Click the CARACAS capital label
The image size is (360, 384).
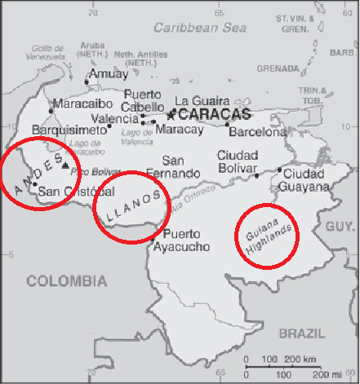click(x=215, y=115)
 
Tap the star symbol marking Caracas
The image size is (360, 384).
click(x=172, y=115)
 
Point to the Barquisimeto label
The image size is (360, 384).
click(x=70, y=129)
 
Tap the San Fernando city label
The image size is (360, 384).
click(x=172, y=167)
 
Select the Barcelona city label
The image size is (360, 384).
click(x=257, y=131)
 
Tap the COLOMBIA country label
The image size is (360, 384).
click(x=67, y=281)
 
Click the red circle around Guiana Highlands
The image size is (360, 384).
click(x=267, y=236)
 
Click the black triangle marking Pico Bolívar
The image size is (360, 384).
click(x=64, y=166)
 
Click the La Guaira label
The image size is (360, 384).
click(x=198, y=101)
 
